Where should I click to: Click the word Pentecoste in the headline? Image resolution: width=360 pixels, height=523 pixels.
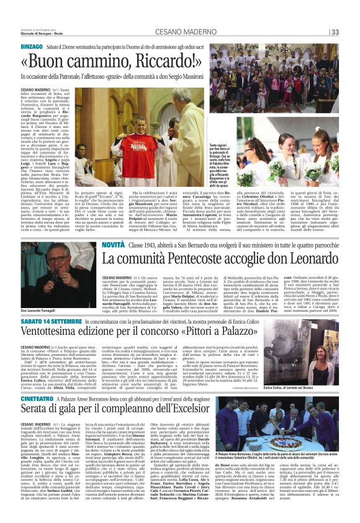(x=199, y=257)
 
